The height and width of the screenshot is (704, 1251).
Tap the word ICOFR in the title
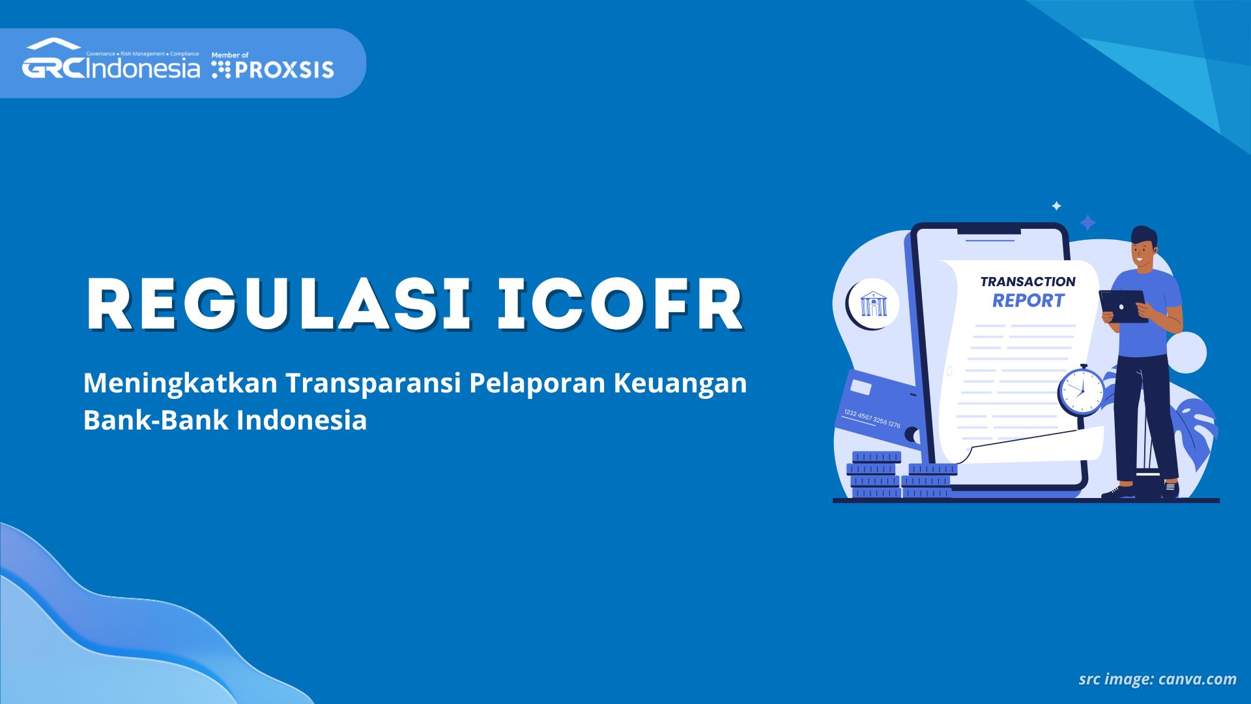pyautogui.click(x=620, y=304)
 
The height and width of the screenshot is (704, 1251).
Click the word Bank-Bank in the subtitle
pyautogui.click(x=156, y=420)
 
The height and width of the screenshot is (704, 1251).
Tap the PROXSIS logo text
pyautogui.click(x=284, y=70)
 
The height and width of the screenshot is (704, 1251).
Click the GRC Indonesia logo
pyautogui.click(x=111, y=59)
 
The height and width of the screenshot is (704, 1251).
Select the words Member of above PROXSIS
pyautogui.click(x=230, y=55)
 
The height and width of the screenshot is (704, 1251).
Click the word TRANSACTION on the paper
pyautogui.click(x=1028, y=282)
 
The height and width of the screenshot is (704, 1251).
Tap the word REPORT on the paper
pyautogui.click(x=1028, y=301)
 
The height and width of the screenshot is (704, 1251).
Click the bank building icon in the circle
pyautogui.click(x=874, y=304)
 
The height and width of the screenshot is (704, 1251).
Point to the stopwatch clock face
pyautogui.click(x=1082, y=391)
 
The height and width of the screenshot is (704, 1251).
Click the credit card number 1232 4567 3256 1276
pyautogui.click(x=872, y=418)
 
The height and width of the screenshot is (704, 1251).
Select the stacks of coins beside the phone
pyautogui.click(x=901, y=475)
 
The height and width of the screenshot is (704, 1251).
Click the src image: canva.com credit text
pyautogui.click(x=1157, y=679)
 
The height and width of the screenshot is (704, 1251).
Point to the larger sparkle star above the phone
pyautogui.click(x=1087, y=223)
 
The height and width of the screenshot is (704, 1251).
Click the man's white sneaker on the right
pyautogui.click(x=1170, y=489)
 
